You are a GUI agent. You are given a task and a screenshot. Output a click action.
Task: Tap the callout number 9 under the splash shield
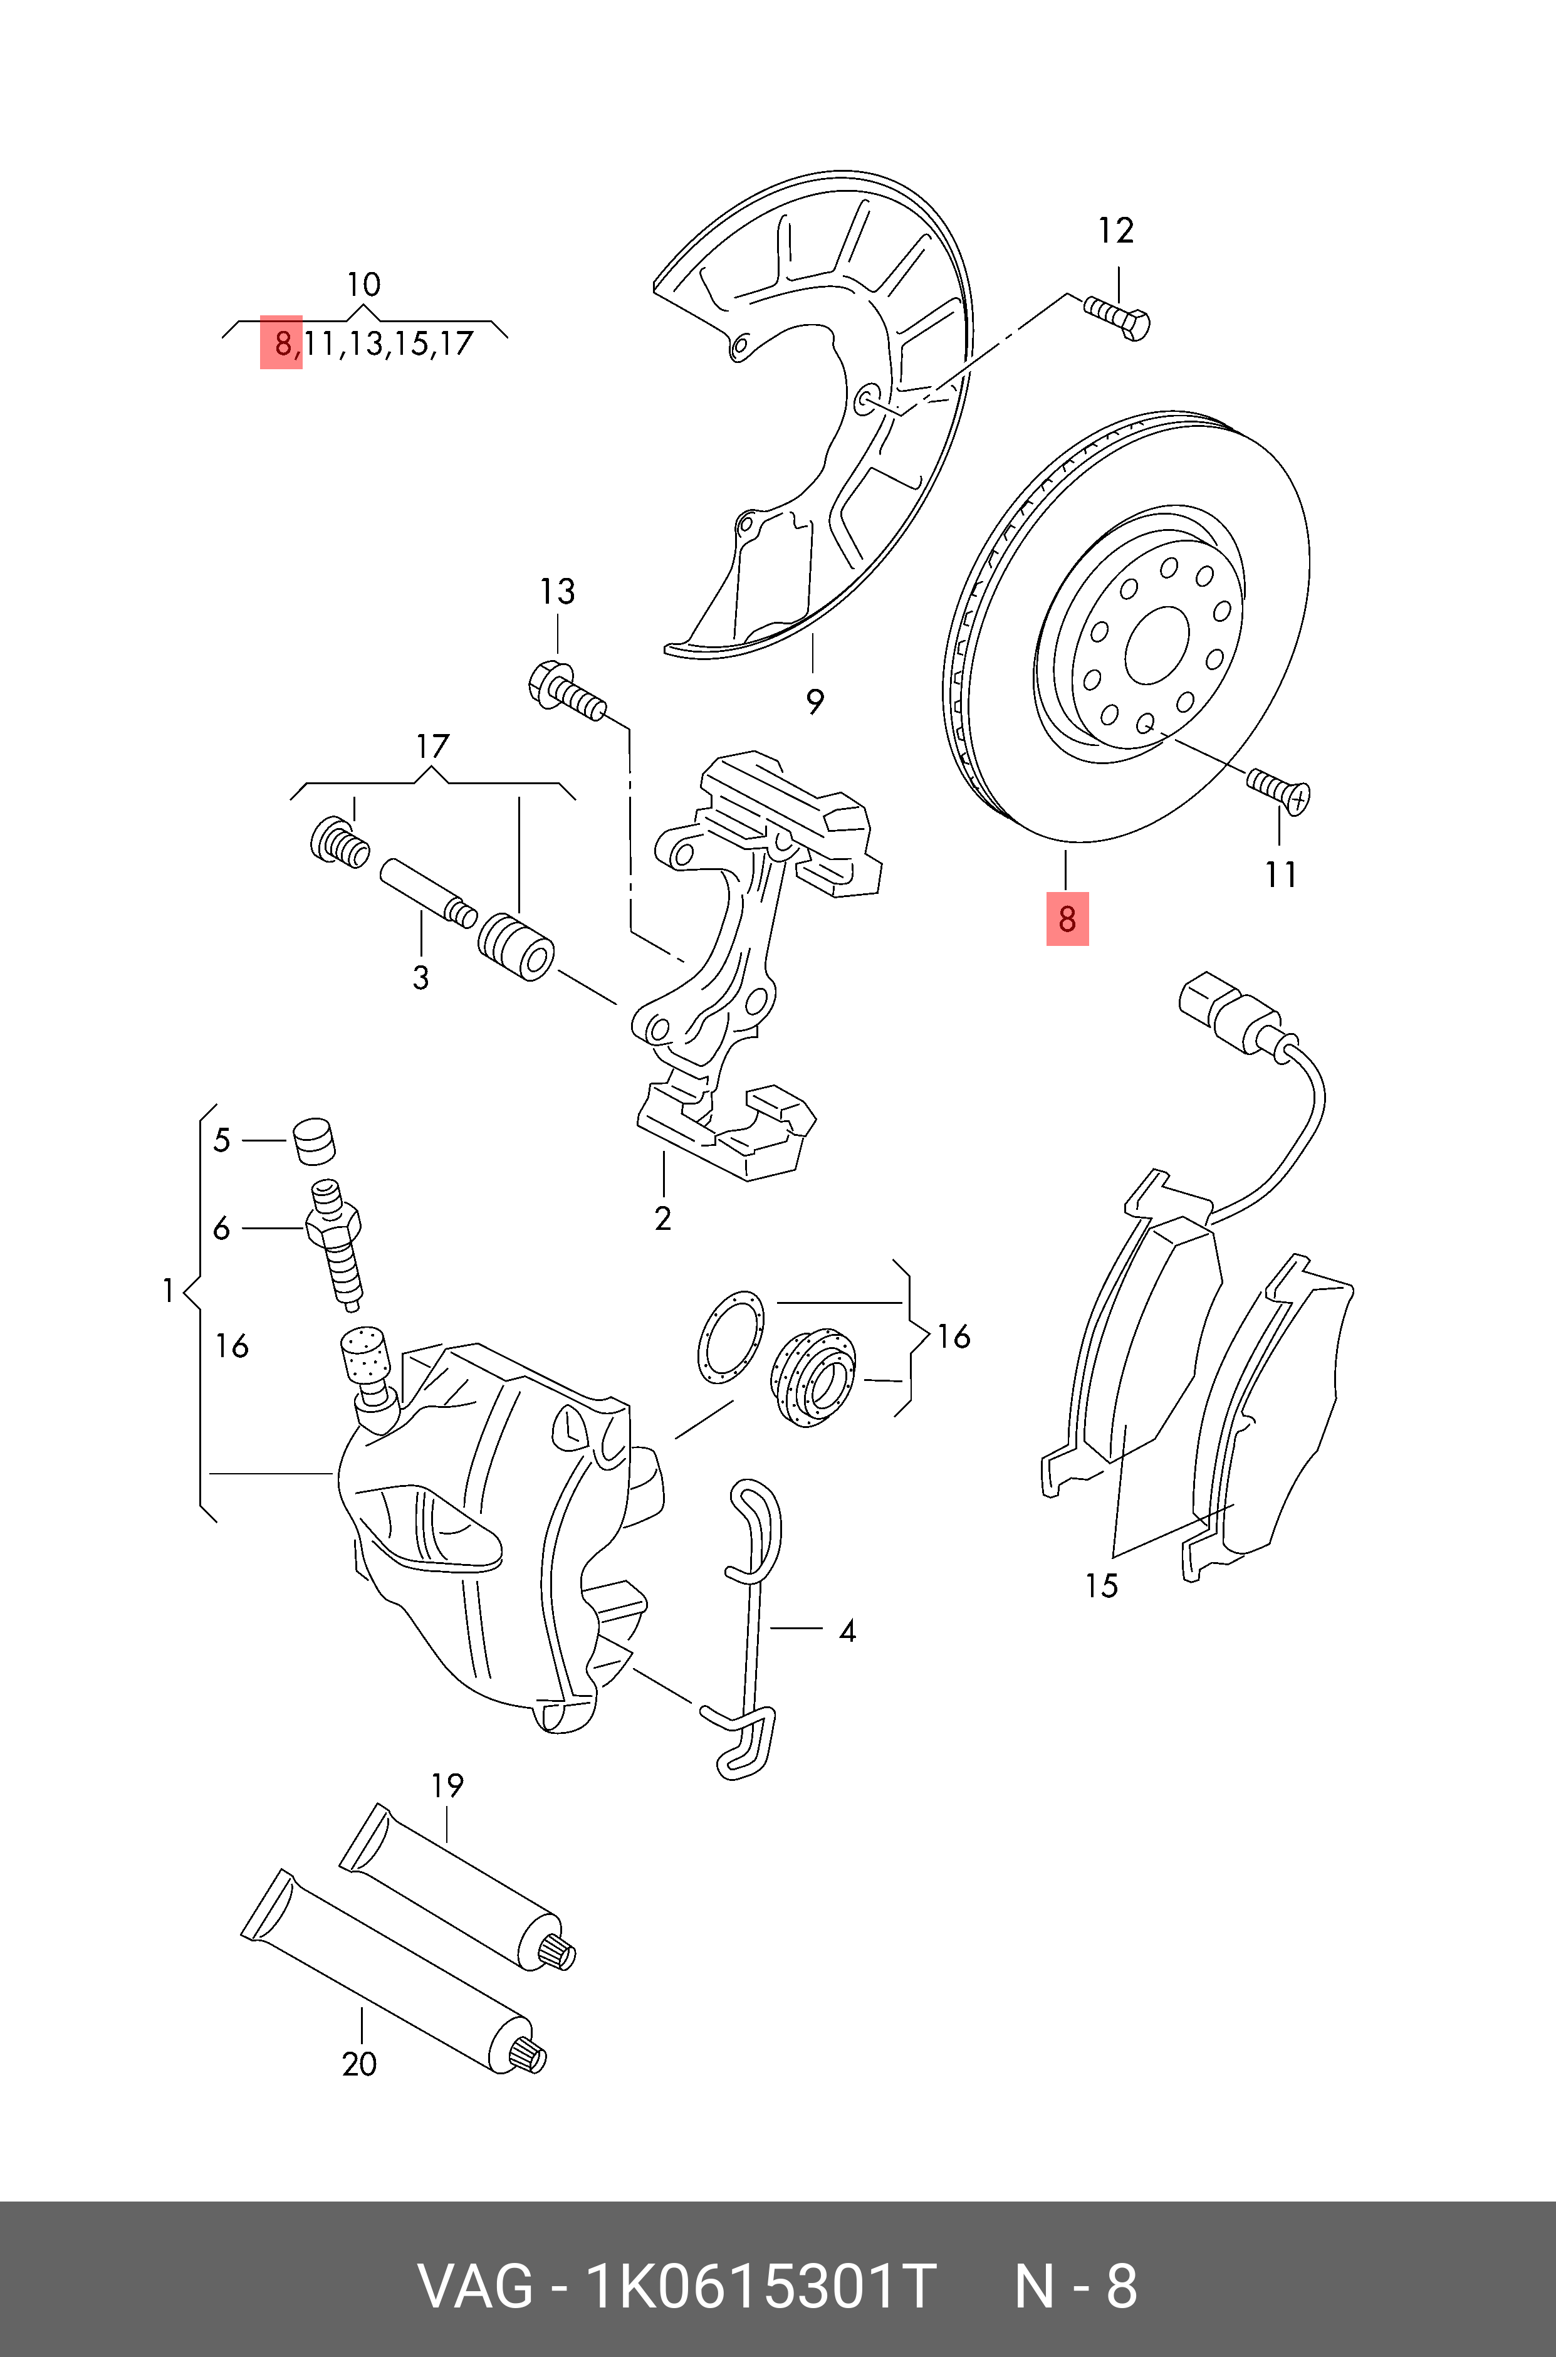point(815,701)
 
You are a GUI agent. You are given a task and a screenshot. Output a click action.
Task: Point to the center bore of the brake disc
point(1157,645)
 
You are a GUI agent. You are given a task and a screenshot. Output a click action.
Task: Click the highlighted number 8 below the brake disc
point(1067,918)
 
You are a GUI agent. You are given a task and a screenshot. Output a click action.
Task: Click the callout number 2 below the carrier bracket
point(663,1218)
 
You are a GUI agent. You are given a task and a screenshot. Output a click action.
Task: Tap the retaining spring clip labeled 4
point(752,1627)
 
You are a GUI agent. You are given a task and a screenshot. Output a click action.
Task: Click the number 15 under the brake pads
point(1100,1585)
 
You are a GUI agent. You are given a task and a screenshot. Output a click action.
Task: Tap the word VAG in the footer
point(476,2287)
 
